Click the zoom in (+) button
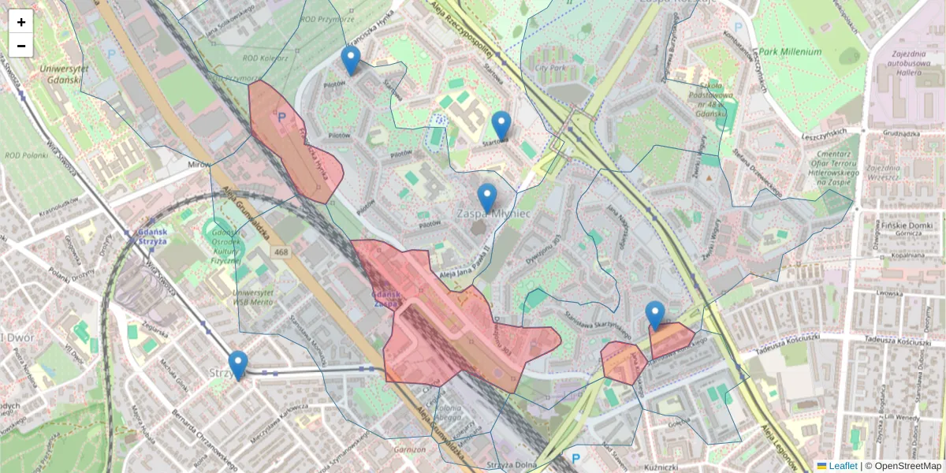pyautogui.click(x=21, y=21)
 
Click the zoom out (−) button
pyautogui.click(x=21, y=46)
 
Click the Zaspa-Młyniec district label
pyautogui.click(x=492, y=214)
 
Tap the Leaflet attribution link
pyautogui.click(x=843, y=466)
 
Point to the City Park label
pyautogui.click(x=551, y=68)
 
